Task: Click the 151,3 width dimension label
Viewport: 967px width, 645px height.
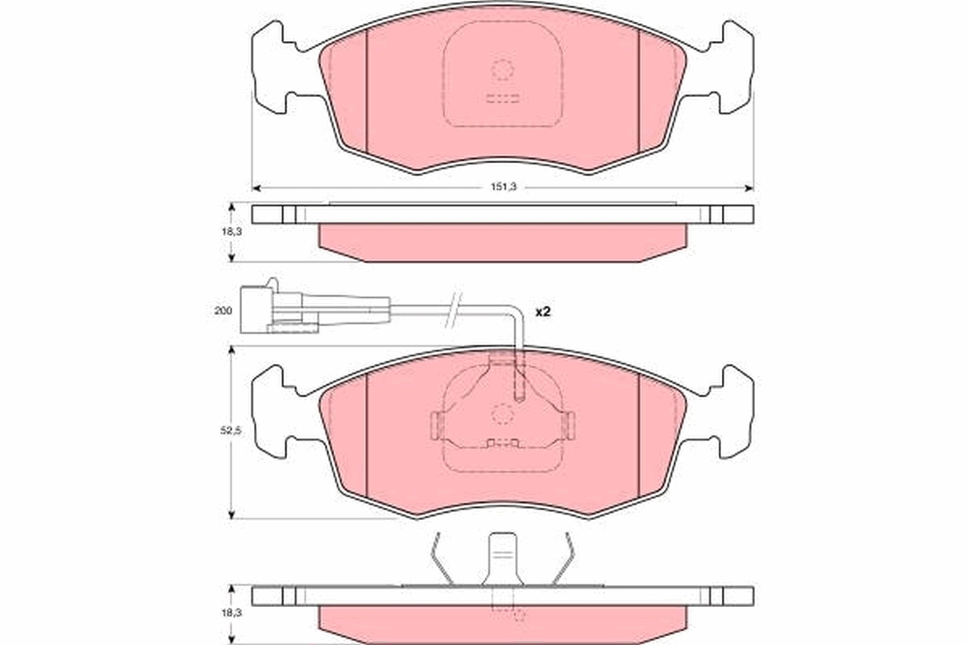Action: point(503,187)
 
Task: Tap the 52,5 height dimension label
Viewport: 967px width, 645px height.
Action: point(231,431)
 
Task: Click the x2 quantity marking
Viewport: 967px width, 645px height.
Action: point(542,310)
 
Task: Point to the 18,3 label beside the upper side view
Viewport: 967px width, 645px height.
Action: point(231,231)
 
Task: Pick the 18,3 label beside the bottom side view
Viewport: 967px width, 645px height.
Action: point(231,614)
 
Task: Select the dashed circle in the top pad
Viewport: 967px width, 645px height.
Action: point(502,71)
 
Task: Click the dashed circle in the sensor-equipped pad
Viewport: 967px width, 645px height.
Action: point(503,414)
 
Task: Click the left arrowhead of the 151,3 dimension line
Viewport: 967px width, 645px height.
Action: point(256,188)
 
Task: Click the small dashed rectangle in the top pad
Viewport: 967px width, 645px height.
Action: point(503,100)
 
